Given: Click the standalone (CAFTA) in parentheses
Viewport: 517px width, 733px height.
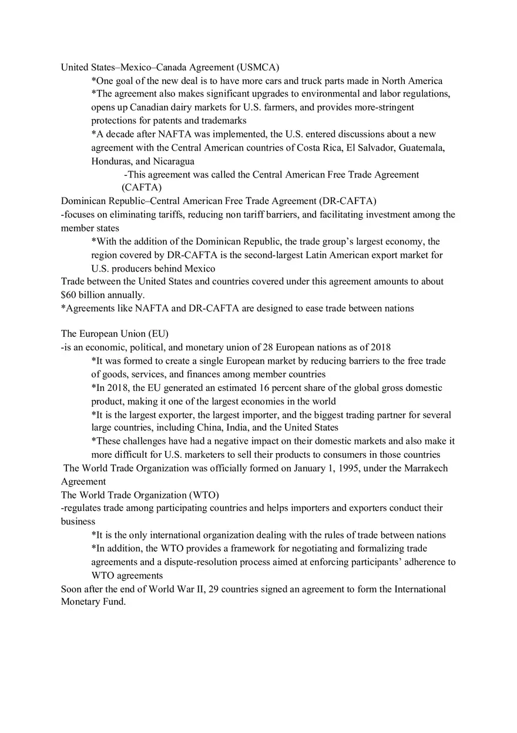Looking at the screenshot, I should [x=142, y=188].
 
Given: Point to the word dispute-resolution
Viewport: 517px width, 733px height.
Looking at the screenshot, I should [x=253, y=562].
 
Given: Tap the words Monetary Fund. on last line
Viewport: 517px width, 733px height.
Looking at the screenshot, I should [x=93, y=602].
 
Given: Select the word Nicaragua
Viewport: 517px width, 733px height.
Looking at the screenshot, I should [x=174, y=161].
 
